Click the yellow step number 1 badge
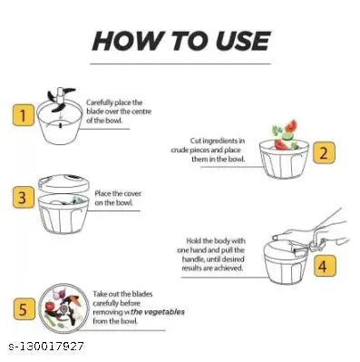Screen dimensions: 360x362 (x=24, y=115)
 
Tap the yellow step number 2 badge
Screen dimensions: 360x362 (x=324, y=153)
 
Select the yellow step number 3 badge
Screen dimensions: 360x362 (x=24, y=198)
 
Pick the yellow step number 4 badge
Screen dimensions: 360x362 (x=324, y=266)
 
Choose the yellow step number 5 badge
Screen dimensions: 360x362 (x=24, y=309)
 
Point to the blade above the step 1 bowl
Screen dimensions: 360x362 (x=61, y=99)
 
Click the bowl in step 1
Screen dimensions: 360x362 (x=59, y=124)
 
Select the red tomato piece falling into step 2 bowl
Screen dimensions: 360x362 (x=290, y=126)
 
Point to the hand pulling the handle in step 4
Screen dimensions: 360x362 (x=311, y=232)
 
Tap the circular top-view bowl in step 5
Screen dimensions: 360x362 (x=64, y=308)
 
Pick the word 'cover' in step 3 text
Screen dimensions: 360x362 (x=132, y=193)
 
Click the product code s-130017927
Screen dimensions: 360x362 (x=46, y=347)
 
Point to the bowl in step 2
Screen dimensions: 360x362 (x=284, y=159)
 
